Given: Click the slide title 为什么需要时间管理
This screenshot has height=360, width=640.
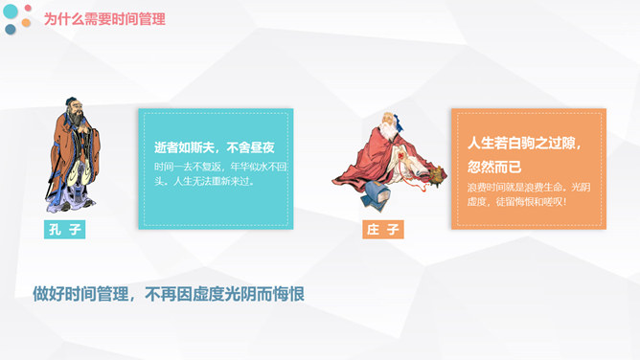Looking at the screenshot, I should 104,19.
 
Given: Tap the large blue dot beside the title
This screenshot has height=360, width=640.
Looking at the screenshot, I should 11,11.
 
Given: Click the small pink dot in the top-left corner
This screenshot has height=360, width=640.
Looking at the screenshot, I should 29,9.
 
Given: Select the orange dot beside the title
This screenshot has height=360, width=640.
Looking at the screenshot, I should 27,23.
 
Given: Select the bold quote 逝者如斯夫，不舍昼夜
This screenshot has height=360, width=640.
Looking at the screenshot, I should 215,147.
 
